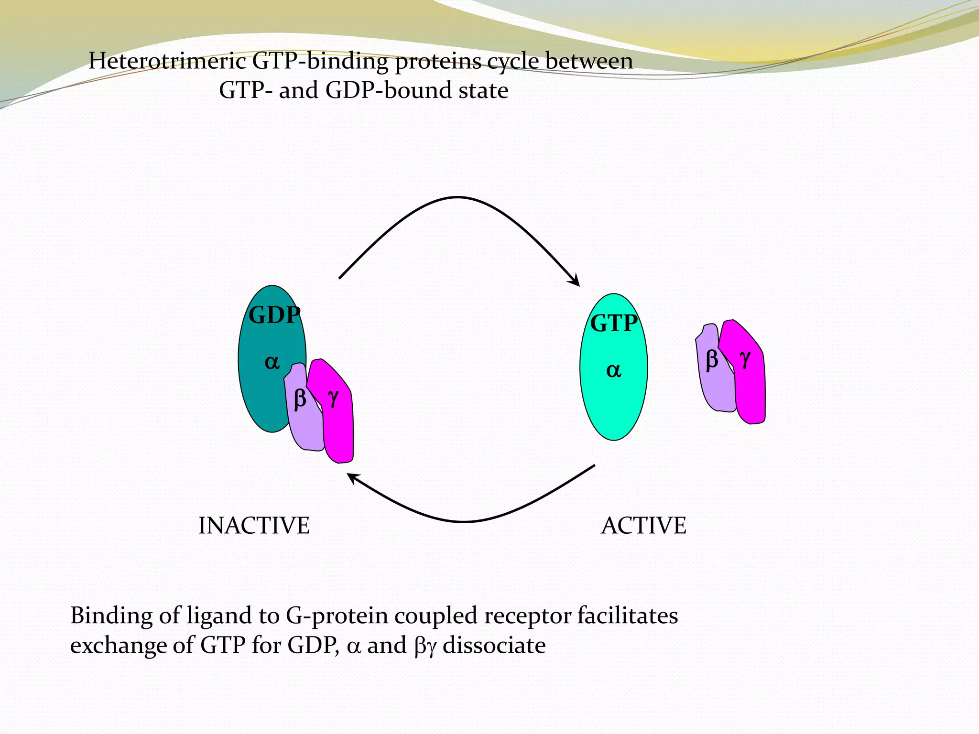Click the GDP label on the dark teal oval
pyautogui.click(x=274, y=315)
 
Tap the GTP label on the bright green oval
pyautogui.click(x=614, y=324)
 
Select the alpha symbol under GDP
pyautogui.click(x=272, y=363)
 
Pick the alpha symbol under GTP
pyautogui.click(x=614, y=371)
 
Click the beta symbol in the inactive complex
pyautogui.click(x=300, y=399)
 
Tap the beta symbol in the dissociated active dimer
pyautogui.click(x=712, y=359)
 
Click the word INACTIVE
pyautogui.click(x=254, y=526)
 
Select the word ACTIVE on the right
pyautogui.click(x=643, y=526)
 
